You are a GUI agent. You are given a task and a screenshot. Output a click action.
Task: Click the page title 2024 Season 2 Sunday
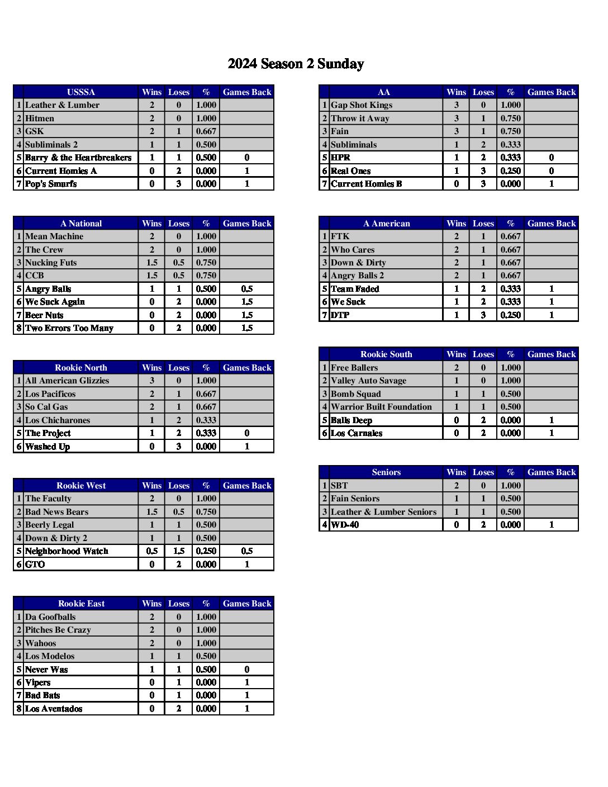pos(296,64)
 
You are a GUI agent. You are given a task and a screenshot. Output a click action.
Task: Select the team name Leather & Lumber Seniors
pos(383,511)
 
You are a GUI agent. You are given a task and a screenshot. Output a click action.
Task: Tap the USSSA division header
pos(80,92)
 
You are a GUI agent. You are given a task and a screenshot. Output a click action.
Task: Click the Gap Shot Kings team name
pos(362,105)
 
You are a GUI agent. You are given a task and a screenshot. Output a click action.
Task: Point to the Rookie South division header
pos(386,354)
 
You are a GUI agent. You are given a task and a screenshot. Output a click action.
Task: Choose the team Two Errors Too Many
pos(69,328)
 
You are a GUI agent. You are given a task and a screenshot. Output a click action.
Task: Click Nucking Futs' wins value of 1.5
pos(151,263)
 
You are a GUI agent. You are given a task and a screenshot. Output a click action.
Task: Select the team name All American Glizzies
pos(67,381)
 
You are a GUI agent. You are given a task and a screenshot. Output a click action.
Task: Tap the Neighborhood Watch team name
pos(66,551)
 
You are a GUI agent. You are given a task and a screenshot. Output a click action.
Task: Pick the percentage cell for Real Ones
pos(510,171)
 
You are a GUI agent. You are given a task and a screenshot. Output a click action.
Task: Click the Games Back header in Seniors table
pos(551,472)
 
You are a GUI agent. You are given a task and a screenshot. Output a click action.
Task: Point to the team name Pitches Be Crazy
pos(58,630)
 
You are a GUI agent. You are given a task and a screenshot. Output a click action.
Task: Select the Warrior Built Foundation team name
pos(381,407)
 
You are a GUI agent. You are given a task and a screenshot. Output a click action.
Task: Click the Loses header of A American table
pos(483,224)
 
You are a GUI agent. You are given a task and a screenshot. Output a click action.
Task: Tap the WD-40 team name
pos(345,525)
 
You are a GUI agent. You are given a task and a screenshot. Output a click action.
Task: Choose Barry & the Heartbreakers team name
pos(78,158)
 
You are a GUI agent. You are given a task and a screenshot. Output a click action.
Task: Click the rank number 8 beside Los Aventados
pos(19,709)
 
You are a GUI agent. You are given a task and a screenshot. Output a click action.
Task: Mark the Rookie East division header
pos(81,604)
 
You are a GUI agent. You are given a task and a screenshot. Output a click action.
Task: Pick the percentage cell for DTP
pos(510,315)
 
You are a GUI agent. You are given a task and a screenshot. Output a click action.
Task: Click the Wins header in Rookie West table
pos(151,486)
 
